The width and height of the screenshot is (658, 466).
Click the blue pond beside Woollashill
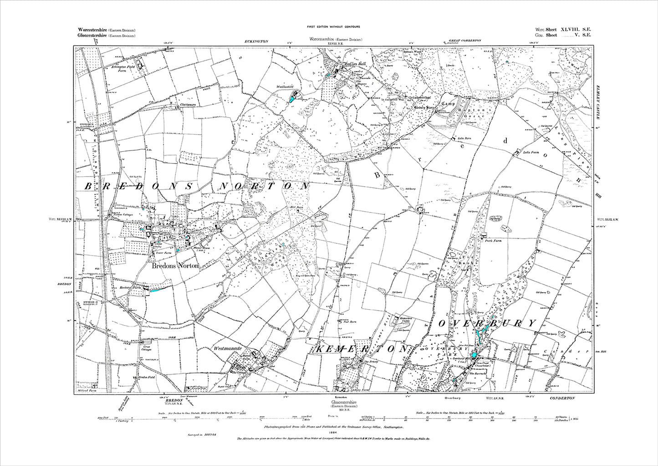tap(292, 98)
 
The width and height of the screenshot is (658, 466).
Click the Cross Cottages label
tap(131, 352)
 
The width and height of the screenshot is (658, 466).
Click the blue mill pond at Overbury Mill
tap(474, 355)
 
